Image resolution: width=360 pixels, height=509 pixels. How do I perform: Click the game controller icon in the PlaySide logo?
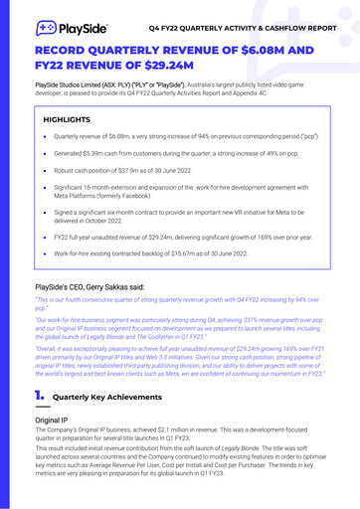[x=46, y=27]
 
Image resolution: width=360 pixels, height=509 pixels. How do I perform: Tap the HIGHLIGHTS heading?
[x=67, y=120]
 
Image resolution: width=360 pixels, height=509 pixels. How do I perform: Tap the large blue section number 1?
[x=39, y=397]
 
